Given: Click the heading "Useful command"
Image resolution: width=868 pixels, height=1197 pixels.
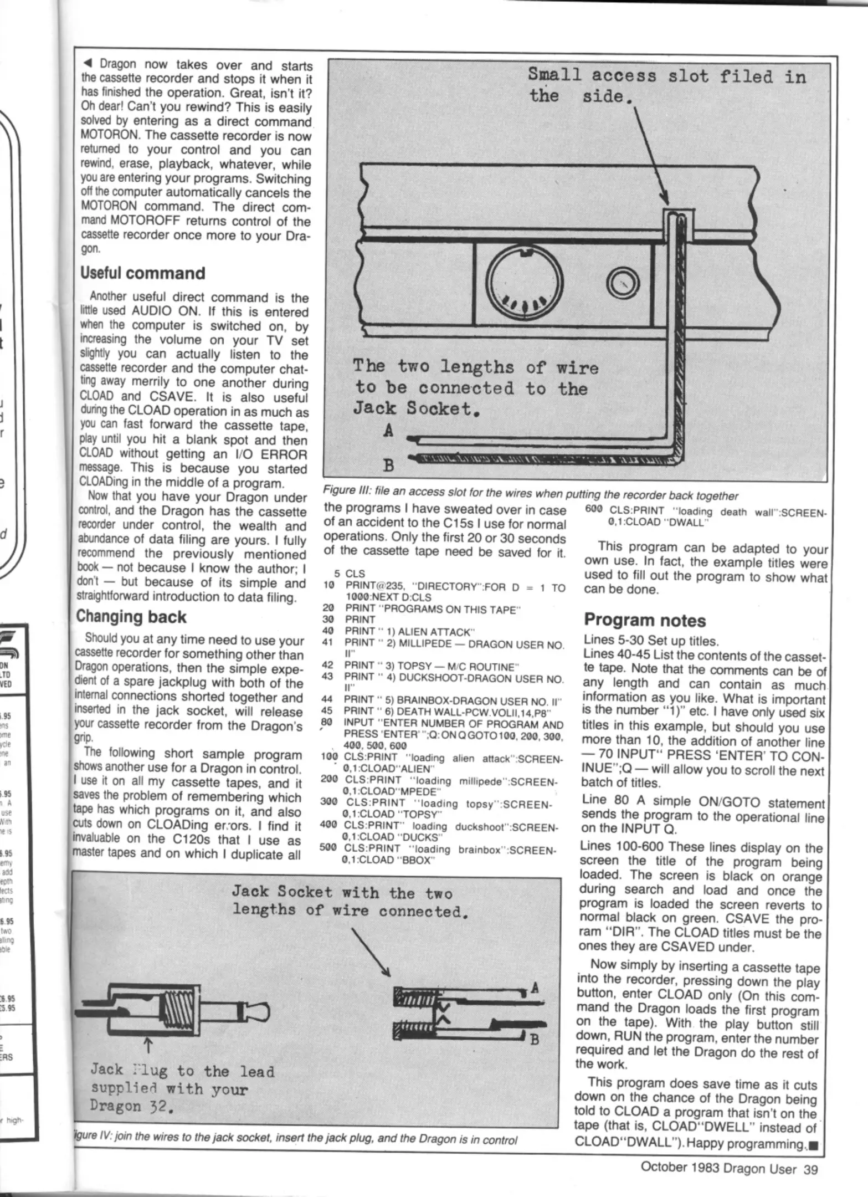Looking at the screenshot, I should pos(142,273).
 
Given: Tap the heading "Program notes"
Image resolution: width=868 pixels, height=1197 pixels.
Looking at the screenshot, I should pos(645,620).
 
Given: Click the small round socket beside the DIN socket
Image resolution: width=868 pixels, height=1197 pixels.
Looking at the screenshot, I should pos(623,284).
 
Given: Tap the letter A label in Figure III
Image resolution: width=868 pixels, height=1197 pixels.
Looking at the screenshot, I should pos(389,431).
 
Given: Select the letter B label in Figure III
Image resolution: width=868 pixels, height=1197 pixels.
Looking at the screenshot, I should pos(389,465).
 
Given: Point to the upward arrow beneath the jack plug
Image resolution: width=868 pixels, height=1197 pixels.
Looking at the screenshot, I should pos(147,1046).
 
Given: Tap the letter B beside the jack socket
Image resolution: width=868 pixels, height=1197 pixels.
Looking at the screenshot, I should pos(535,1039).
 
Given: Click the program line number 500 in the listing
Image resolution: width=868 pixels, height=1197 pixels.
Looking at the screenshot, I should pos(329,848).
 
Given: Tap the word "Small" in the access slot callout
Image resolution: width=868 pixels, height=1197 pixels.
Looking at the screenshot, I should pos(554,74).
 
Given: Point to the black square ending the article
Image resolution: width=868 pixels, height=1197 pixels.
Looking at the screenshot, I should pos(813,1144).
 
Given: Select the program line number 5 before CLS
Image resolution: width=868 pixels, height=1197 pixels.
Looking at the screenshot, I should pos(336,574).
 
